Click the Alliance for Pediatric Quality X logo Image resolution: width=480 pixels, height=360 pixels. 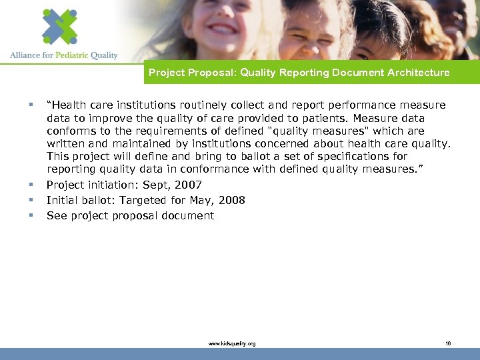pos(59,26)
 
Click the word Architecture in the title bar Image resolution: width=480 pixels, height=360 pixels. pos(417,73)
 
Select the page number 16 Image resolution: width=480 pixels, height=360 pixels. pos(448,343)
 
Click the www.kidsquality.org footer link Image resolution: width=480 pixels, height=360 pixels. pos(232,343)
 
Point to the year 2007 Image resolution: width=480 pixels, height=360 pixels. pos(188,185)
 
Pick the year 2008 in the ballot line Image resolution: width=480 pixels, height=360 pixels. pos(232,201)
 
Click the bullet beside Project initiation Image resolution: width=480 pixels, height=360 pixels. pos(31,185)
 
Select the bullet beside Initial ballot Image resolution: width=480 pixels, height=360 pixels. pos(31,200)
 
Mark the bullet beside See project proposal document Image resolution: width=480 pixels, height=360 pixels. pos(31,215)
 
